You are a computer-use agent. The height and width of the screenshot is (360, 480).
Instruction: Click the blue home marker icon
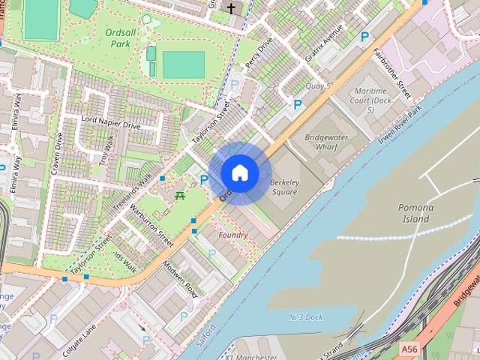click(x=240, y=173)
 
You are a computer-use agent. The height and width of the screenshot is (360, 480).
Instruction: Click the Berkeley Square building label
click(x=284, y=187)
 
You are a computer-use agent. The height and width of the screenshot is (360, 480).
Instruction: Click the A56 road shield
click(x=409, y=349)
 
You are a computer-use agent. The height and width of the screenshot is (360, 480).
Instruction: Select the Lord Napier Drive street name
click(x=110, y=123)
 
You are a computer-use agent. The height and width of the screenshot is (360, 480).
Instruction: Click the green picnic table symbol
click(x=180, y=196)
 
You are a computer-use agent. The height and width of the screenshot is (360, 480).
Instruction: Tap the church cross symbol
click(x=231, y=9)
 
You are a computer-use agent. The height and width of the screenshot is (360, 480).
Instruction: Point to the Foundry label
click(x=232, y=235)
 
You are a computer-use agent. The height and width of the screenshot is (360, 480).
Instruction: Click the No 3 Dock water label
click(x=306, y=317)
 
